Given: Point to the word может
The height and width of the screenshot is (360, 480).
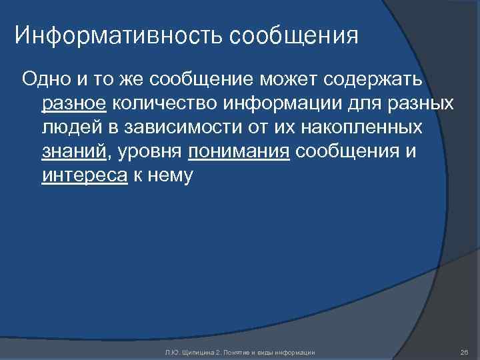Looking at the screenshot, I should [x=289, y=80].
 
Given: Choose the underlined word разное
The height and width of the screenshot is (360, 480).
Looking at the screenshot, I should [x=74, y=103].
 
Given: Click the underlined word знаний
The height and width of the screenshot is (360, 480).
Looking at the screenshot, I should [x=74, y=151].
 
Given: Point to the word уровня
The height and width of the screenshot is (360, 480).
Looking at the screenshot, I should [x=151, y=151].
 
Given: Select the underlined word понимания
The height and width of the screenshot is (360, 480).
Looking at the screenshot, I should [x=239, y=151].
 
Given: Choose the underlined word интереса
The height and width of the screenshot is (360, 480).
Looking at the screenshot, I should [x=84, y=175].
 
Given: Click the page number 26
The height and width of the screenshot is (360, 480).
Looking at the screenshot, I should [x=465, y=351].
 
